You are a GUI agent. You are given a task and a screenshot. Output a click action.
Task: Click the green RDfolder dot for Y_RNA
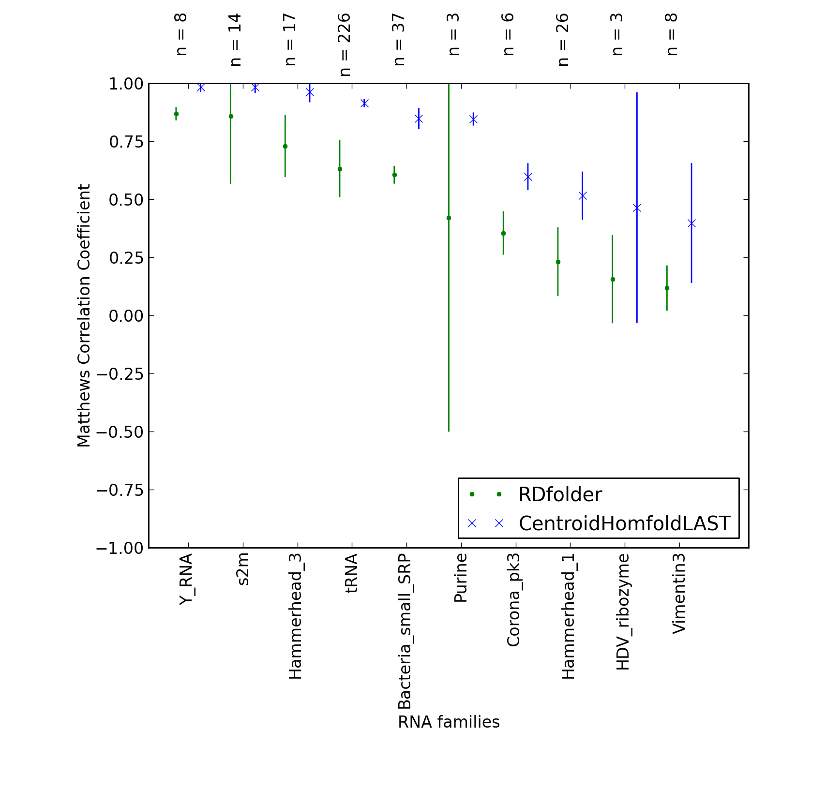tap(176, 114)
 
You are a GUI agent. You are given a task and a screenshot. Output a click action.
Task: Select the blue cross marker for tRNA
tap(364, 103)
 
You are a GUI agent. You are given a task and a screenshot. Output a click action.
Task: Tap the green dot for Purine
tap(449, 218)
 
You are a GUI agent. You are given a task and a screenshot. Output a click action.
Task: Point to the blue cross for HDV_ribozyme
tap(637, 208)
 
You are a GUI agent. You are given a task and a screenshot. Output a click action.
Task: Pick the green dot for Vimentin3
tap(667, 288)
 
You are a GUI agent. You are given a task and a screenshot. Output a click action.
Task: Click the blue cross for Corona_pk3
tap(528, 177)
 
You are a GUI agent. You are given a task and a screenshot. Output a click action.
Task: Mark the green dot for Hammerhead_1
tap(558, 262)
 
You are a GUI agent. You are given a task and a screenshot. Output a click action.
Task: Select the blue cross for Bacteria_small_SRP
tap(419, 119)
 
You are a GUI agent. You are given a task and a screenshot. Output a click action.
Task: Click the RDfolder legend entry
tap(560, 494)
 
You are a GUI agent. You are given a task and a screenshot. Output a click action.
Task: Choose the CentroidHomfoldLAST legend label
tap(624, 523)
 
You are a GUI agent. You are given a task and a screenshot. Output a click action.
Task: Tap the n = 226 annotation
tap(345, 45)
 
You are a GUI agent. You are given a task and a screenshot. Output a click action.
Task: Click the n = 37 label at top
tap(399, 40)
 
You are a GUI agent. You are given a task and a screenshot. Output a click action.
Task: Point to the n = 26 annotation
tap(563, 40)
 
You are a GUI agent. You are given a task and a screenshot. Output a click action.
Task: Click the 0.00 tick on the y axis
tap(127, 316)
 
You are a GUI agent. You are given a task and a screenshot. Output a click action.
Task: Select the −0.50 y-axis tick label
tap(120, 432)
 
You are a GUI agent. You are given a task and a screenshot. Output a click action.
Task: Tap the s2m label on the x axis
tap(243, 569)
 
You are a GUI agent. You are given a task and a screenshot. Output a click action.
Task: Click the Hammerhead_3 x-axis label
tap(295, 616)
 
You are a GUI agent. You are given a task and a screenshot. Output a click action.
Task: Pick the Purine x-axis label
tap(460, 578)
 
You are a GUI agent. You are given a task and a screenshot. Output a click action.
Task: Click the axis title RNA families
tap(449, 722)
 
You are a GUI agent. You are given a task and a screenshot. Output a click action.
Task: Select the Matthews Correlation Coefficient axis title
tap(84, 315)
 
